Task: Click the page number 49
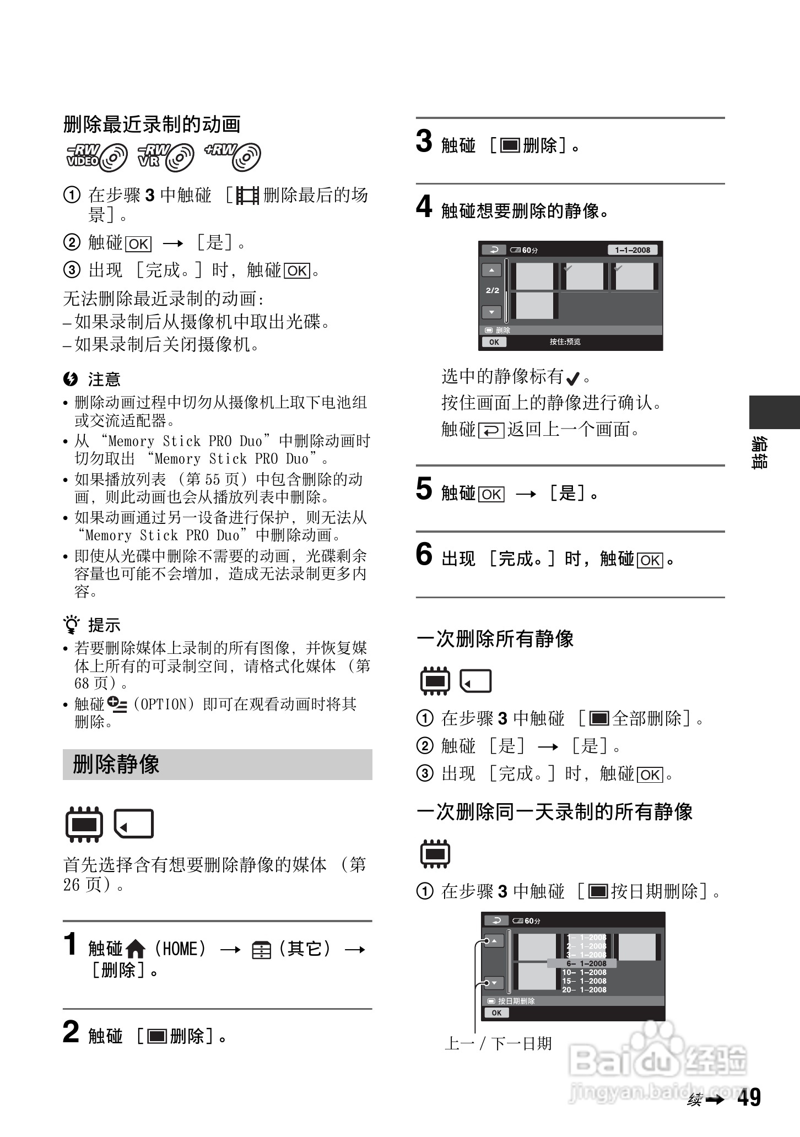click(x=749, y=1097)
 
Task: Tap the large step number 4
click(x=424, y=208)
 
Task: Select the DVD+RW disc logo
click(x=233, y=156)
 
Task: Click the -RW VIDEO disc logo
click(x=96, y=156)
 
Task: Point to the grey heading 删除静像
click(x=116, y=765)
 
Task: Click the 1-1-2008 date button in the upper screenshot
click(x=633, y=250)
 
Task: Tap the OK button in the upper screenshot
click(x=494, y=342)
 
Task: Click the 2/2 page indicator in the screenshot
click(x=492, y=290)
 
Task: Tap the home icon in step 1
click(x=135, y=949)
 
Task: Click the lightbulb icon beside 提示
click(x=72, y=625)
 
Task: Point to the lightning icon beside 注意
click(x=71, y=379)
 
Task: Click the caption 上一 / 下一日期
click(x=498, y=1043)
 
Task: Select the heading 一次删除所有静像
click(x=495, y=639)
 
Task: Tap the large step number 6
click(x=424, y=555)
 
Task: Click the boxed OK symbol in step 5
click(x=491, y=494)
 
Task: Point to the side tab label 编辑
click(x=760, y=453)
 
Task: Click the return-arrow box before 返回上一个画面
click(x=491, y=430)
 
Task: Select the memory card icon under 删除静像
click(x=134, y=824)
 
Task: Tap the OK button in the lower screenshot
click(x=496, y=1013)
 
